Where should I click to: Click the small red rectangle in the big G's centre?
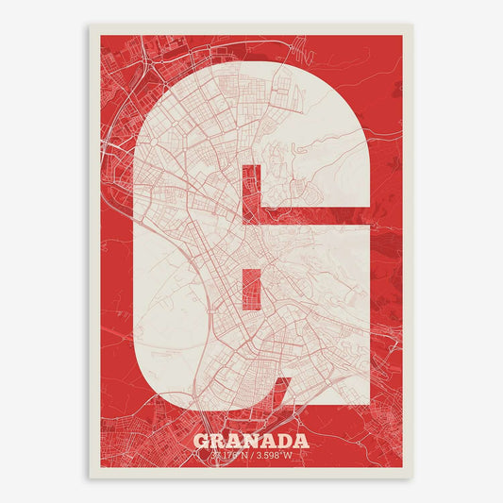pyautogui.click(x=251, y=288)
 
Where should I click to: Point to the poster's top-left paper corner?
pyautogui.click(x=91, y=25)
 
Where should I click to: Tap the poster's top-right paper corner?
pyautogui.click(x=412, y=25)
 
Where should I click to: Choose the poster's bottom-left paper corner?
pyautogui.click(x=91, y=478)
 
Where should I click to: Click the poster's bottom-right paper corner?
pyautogui.click(x=412, y=478)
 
